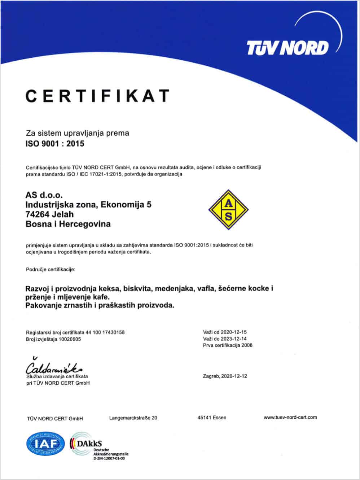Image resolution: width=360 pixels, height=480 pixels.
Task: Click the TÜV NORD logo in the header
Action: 287,47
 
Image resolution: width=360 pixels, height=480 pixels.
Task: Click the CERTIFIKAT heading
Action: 97,96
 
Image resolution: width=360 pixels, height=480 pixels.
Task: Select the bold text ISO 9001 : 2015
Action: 55,144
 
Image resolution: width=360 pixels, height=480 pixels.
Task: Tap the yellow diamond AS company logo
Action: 229,210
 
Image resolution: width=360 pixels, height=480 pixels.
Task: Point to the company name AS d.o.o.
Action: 44,195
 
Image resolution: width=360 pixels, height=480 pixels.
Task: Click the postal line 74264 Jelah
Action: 50,214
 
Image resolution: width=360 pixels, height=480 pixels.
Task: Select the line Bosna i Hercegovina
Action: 68,224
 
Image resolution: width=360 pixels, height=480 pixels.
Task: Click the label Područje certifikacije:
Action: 51,269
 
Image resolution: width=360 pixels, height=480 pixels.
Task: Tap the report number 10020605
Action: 70,339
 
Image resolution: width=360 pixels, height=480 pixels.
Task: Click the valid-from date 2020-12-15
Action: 233,332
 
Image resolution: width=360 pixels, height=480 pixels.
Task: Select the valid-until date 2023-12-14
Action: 233,339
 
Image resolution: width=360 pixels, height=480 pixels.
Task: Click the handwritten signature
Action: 54,367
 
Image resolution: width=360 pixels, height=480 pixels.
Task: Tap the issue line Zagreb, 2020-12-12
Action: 225,376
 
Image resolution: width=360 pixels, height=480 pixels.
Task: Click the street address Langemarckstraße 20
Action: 133,418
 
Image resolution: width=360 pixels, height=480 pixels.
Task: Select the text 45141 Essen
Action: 212,418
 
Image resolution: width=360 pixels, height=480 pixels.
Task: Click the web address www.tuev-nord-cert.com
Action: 290,417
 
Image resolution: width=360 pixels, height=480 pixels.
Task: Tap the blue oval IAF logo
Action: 45,443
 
